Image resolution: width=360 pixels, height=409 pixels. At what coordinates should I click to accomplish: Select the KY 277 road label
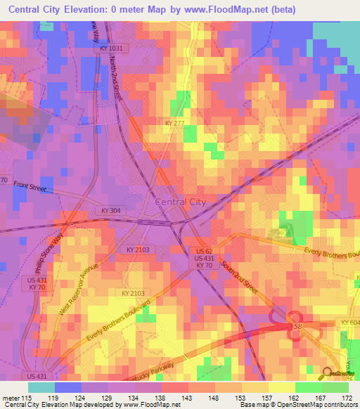[x=175, y=123]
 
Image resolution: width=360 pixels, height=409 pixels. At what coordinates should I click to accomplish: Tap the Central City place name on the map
[x=180, y=202]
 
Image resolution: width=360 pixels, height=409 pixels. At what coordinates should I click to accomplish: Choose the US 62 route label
[x=204, y=250]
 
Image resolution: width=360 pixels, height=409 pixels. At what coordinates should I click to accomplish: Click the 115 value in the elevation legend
[x=27, y=399]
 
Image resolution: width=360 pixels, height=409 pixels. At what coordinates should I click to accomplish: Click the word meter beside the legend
[x=10, y=399]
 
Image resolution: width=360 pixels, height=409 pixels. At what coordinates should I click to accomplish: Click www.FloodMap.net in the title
[x=236, y=10]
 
